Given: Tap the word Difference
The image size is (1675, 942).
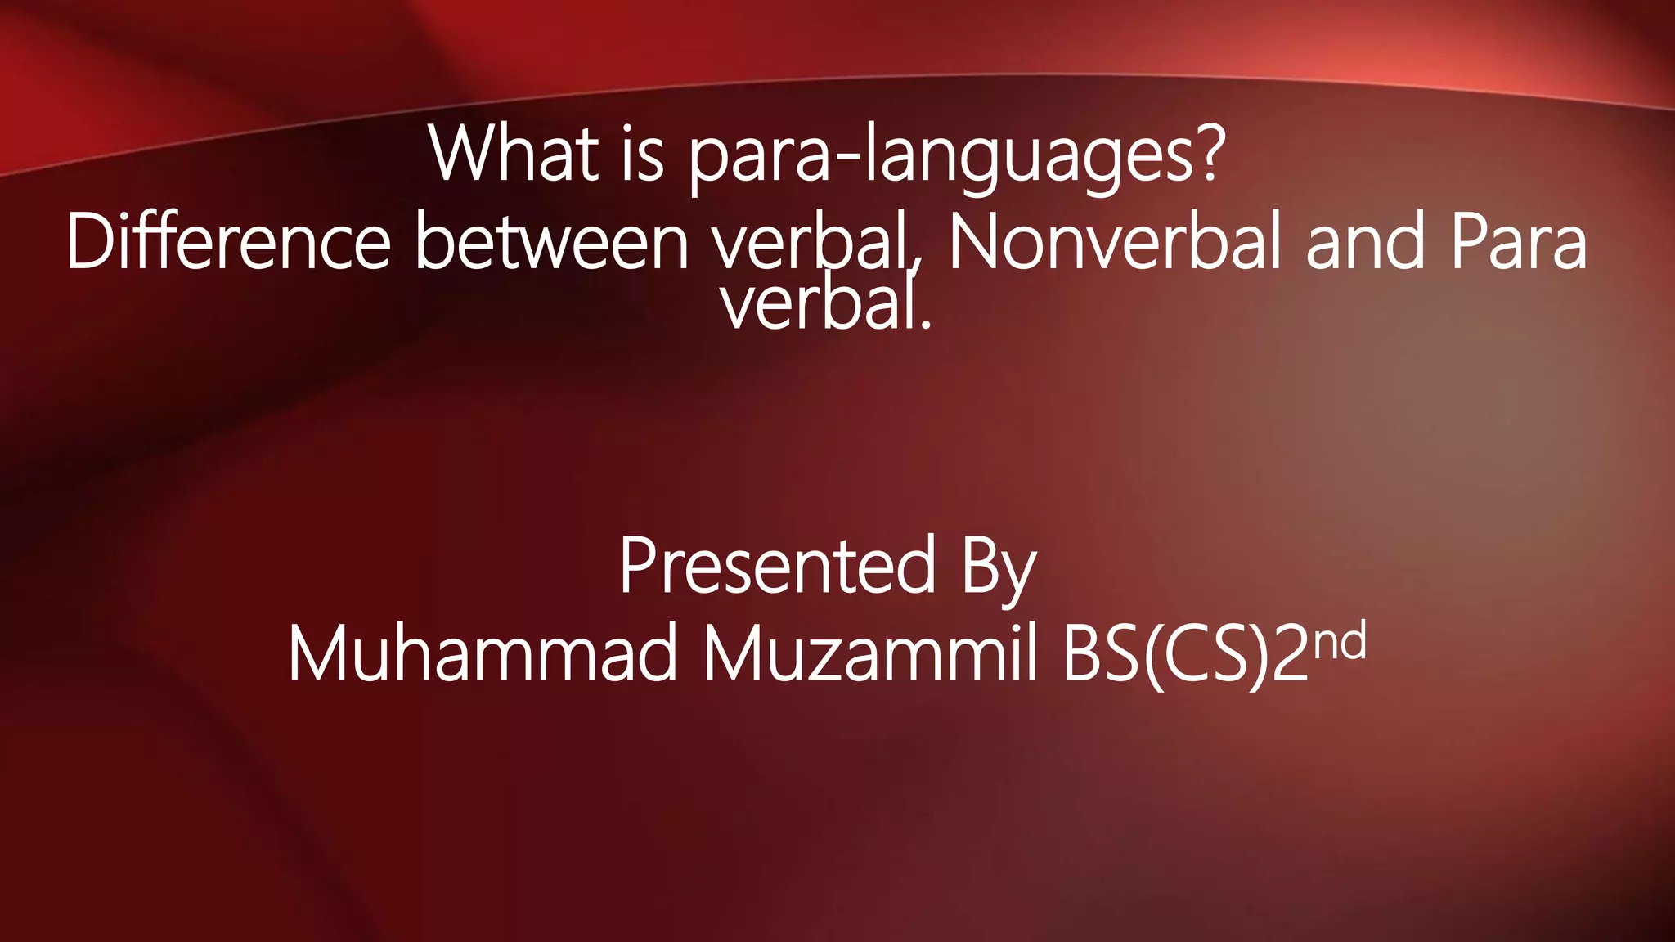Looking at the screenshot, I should click(228, 242).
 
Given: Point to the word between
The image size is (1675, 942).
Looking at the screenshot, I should click(553, 242).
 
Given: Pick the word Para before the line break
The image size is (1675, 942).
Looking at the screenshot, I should click(1519, 242).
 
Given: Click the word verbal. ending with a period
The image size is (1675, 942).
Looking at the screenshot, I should click(826, 304).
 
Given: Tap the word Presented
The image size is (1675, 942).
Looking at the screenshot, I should click(777, 566).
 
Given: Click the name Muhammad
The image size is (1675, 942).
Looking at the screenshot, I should click(483, 653).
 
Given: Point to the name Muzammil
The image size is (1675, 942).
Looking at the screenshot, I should click(870, 653).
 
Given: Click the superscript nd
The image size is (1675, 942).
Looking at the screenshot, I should click(1341, 641).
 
